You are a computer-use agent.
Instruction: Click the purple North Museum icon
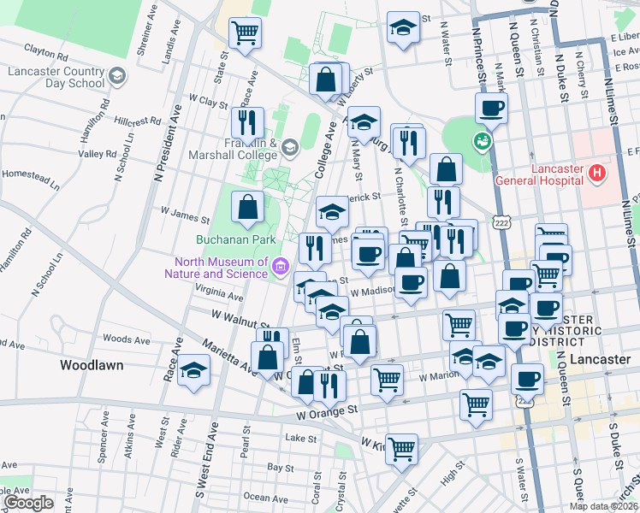pyautogui.click(x=279, y=268)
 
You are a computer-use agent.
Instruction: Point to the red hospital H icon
pyautogui.click(x=597, y=174)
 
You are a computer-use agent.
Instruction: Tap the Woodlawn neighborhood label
pyautogui.click(x=92, y=365)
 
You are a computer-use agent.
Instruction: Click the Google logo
pyautogui.click(x=28, y=503)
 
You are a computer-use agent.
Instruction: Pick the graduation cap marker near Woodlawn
pyautogui.click(x=195, y=371)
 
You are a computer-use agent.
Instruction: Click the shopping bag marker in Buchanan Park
pyautogui.click(x=247, y=208)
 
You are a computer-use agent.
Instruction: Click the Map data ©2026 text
pyautogui.click(x=602, y=506)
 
